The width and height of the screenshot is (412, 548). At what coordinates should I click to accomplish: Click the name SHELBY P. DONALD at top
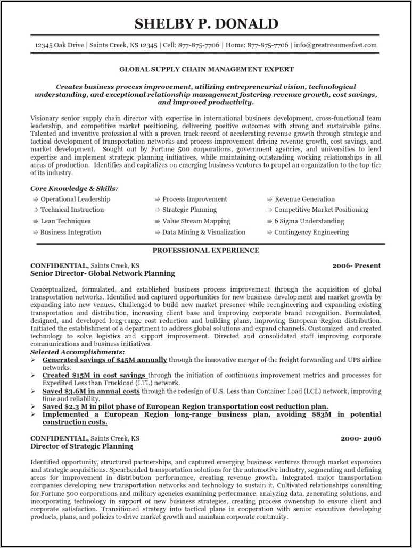click(x=206, y=24)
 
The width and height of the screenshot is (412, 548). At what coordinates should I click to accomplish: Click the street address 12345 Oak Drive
click(x=59, y=45)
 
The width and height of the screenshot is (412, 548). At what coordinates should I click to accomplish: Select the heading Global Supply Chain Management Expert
click(x=206, y=69)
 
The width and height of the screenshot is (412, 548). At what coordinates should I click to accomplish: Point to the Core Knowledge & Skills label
click(x=74, y=188)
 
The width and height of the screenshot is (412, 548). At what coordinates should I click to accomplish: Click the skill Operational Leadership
click(x=75, y=199)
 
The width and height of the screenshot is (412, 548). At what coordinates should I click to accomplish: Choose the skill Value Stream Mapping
click(x=196, y=221)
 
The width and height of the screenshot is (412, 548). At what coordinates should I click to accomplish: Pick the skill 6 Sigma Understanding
click(x=309, y=221)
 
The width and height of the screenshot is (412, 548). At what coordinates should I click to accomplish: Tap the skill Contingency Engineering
click(x=311, y=232)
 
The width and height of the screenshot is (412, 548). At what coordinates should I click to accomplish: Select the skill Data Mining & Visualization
click(x=204, y=232)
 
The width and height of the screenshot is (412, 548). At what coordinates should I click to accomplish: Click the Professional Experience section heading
click(x=206, y=250)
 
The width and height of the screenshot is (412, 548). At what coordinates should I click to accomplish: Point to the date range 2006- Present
click(x=357, y=265)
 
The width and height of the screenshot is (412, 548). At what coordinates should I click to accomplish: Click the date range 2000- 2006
click(x=360, y=438)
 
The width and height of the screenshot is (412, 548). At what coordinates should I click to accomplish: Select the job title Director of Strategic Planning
click(x=81, y=446)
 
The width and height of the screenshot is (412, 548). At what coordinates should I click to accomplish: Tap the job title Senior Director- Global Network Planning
click(x=102, y=273)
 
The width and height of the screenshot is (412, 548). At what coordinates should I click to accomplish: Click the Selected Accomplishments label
click(x=78, y=352)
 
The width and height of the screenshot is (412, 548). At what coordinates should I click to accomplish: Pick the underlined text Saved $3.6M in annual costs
click(x=91, y=391)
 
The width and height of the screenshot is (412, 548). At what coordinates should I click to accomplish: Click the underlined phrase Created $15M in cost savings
click(x=94, y=375)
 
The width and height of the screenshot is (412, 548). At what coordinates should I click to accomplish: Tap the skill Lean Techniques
click(x=65, y=221)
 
